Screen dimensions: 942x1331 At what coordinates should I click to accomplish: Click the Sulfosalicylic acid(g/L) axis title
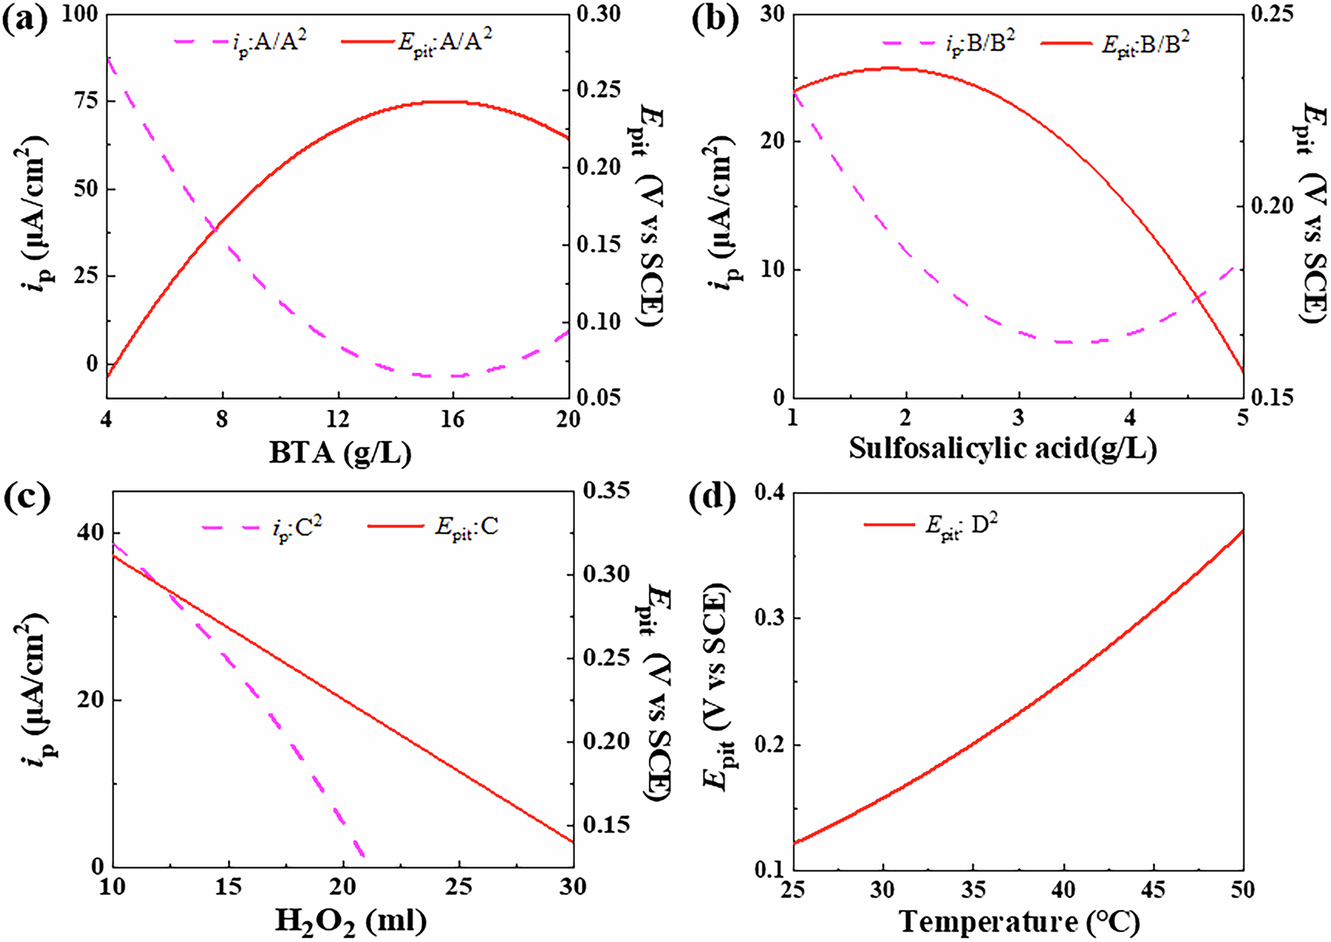point(1002,448)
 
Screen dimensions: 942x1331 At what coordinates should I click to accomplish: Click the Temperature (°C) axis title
point(1019,922)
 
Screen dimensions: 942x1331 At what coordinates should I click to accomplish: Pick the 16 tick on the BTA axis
point(453,419)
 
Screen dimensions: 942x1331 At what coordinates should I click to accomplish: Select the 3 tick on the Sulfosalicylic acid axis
point(1018,418)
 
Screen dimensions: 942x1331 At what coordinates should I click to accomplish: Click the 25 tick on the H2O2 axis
point(459,888)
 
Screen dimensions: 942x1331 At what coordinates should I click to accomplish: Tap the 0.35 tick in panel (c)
point(606,491)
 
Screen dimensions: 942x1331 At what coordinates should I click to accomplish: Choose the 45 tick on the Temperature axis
point(1153,889)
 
